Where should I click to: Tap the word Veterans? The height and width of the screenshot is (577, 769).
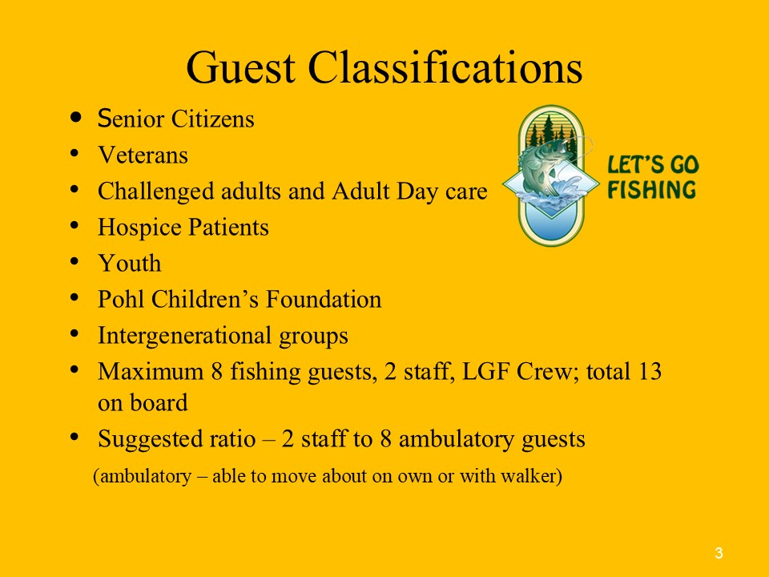pyautogui.click(x=143, y=155)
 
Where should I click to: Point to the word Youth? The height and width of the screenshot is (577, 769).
pyautogui.click(x=130, y=263)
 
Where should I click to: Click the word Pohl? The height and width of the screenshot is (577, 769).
pyautogui.click(x=121, y=299)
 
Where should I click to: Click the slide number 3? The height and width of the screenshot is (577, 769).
pyautogui.click(x=719, y=554)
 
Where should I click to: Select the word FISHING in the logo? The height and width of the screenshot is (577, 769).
pyautogui.click(x=652, y=190)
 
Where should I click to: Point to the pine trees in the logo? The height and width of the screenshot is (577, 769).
pyautogui.click(x=550, y=128)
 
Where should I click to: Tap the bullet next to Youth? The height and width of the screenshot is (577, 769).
pyautogui.click(x=74, y=261)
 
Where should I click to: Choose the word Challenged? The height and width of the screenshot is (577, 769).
pyautogui.click(x=156, y=192)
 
